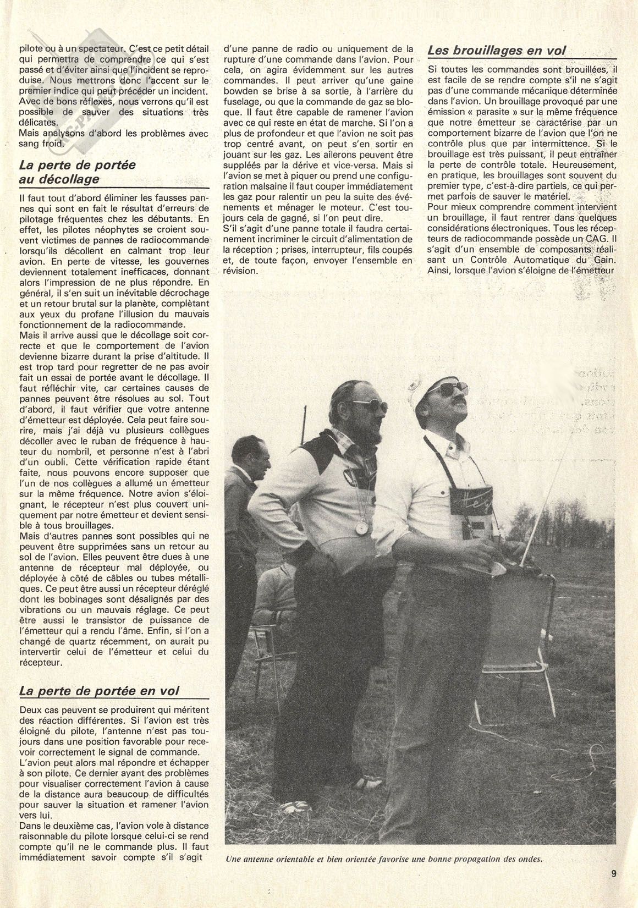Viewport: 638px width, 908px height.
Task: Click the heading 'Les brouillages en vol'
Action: pyautogui.click(x=497, y=51)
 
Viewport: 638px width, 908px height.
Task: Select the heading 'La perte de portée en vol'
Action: pyautogui.click(x=99, y=691)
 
